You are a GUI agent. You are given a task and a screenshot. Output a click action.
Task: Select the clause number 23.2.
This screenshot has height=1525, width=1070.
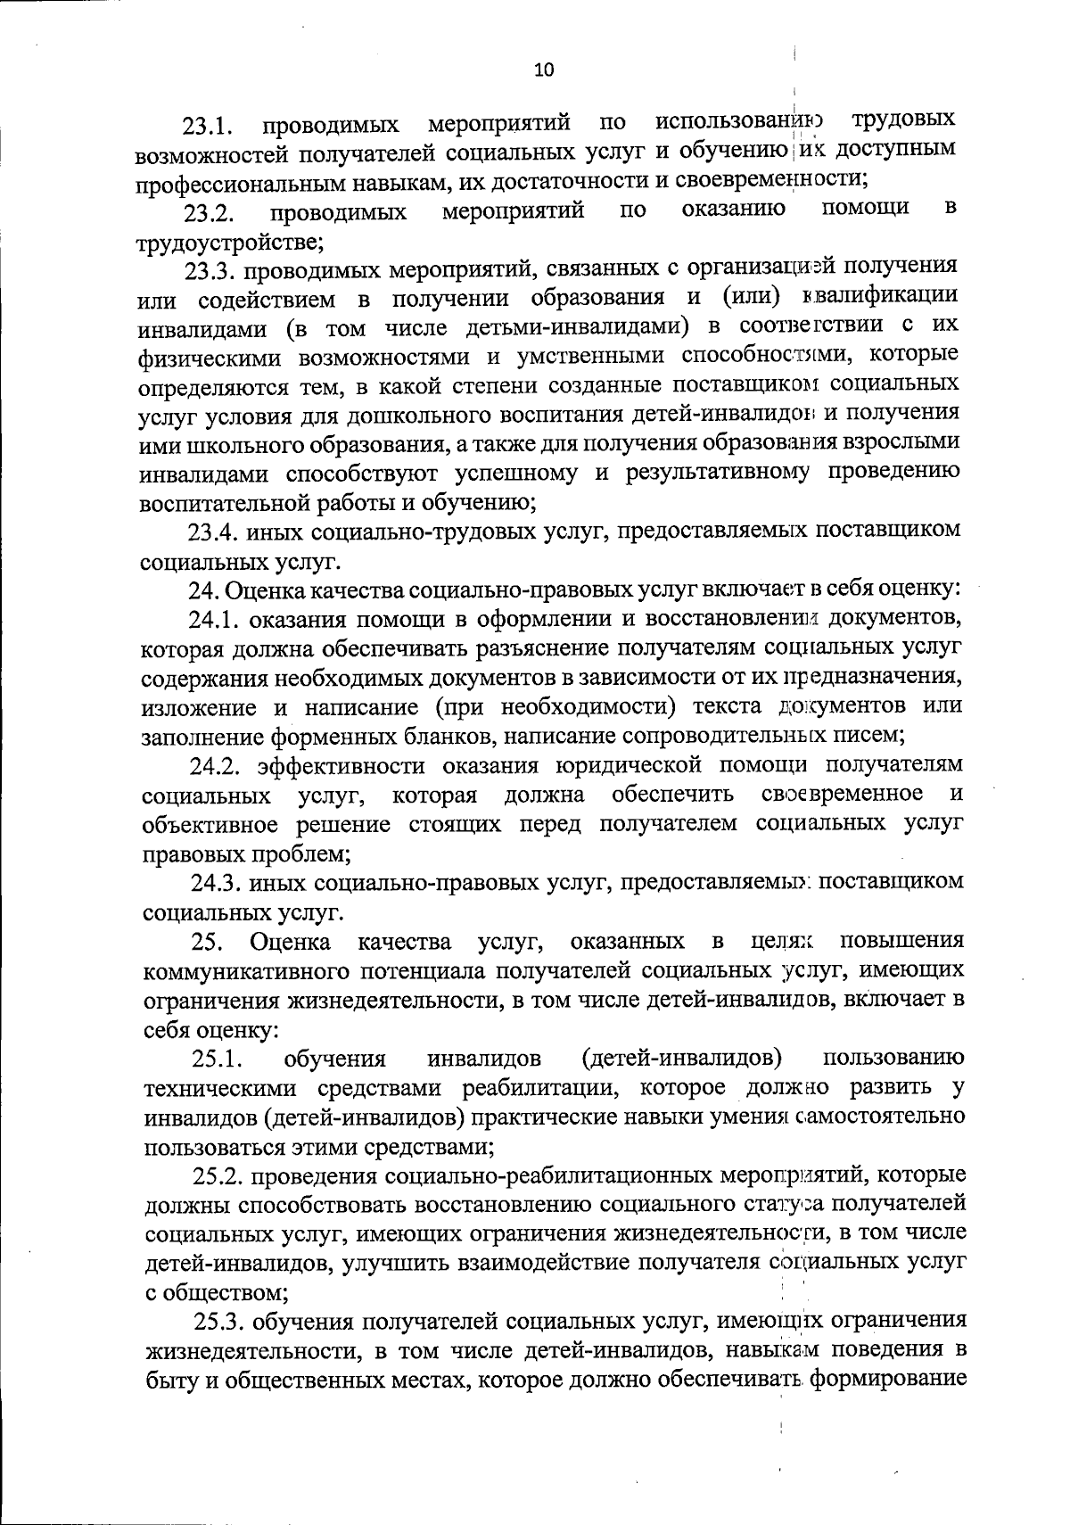click(x=209, y=214)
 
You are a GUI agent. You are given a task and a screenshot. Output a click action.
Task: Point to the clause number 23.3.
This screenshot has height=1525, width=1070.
click(x=210, y=270)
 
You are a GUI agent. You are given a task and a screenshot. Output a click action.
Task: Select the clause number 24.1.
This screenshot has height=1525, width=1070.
click(x=212, y=619)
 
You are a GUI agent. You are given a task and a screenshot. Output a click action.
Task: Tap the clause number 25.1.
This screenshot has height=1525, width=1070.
click(x=217, y=1059)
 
